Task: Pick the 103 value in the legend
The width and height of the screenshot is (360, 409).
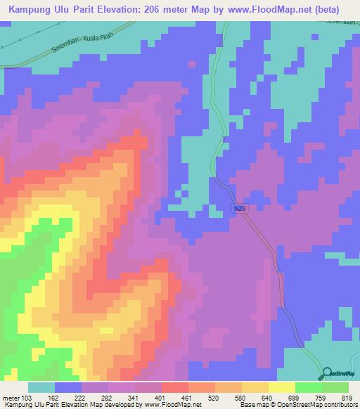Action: pyautogui.click(x=27, y=398)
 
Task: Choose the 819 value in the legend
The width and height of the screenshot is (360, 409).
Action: pyautogui.click(x=345, y=398)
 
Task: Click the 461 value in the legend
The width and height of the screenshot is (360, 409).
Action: pyautogui.click(x=186, y=398)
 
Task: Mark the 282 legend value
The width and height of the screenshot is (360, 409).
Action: pyautogui.click(x=107, y=398)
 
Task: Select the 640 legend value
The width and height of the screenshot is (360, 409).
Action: pyautogui.click(x=266, y=398)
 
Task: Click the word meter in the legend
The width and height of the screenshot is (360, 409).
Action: pyautogui.click(x=11, y=398)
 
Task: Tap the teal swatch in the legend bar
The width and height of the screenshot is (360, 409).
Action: pyautogui.click(x=41, y=387)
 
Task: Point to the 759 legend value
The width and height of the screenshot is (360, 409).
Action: pyautogui.click(x=319, y=398)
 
